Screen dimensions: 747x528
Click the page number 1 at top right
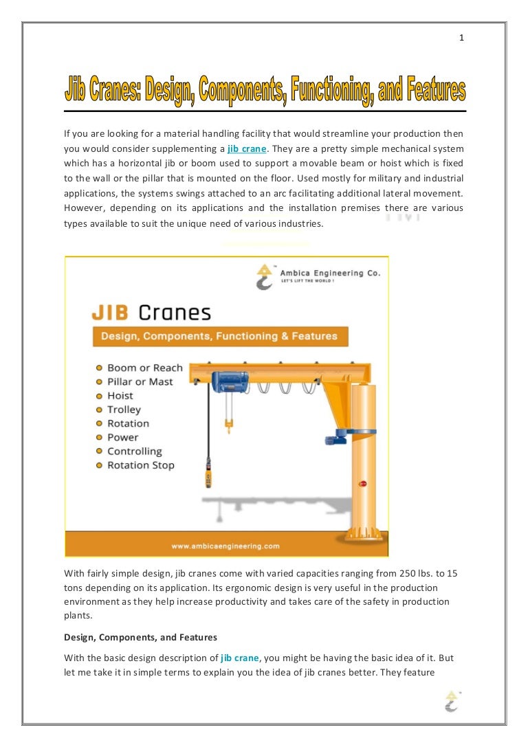(x=461, y=38)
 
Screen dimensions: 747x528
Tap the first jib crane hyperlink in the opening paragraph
(x=246, y=148)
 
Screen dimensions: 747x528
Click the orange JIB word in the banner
(x=112, y=313)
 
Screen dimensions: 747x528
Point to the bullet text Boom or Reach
(x=144, y=368)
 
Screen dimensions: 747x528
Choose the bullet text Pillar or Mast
(x=140, y=381)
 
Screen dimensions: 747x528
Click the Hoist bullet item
(x=120, y=396)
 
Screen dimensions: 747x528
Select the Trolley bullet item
(x=124, y=410)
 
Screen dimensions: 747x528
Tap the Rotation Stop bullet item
(x=140, y=465)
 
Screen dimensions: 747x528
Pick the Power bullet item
(x=122, y=437)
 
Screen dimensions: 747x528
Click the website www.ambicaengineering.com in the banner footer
(x=227, y=546)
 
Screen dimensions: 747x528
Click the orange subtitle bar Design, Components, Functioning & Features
(x=219, y=337)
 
